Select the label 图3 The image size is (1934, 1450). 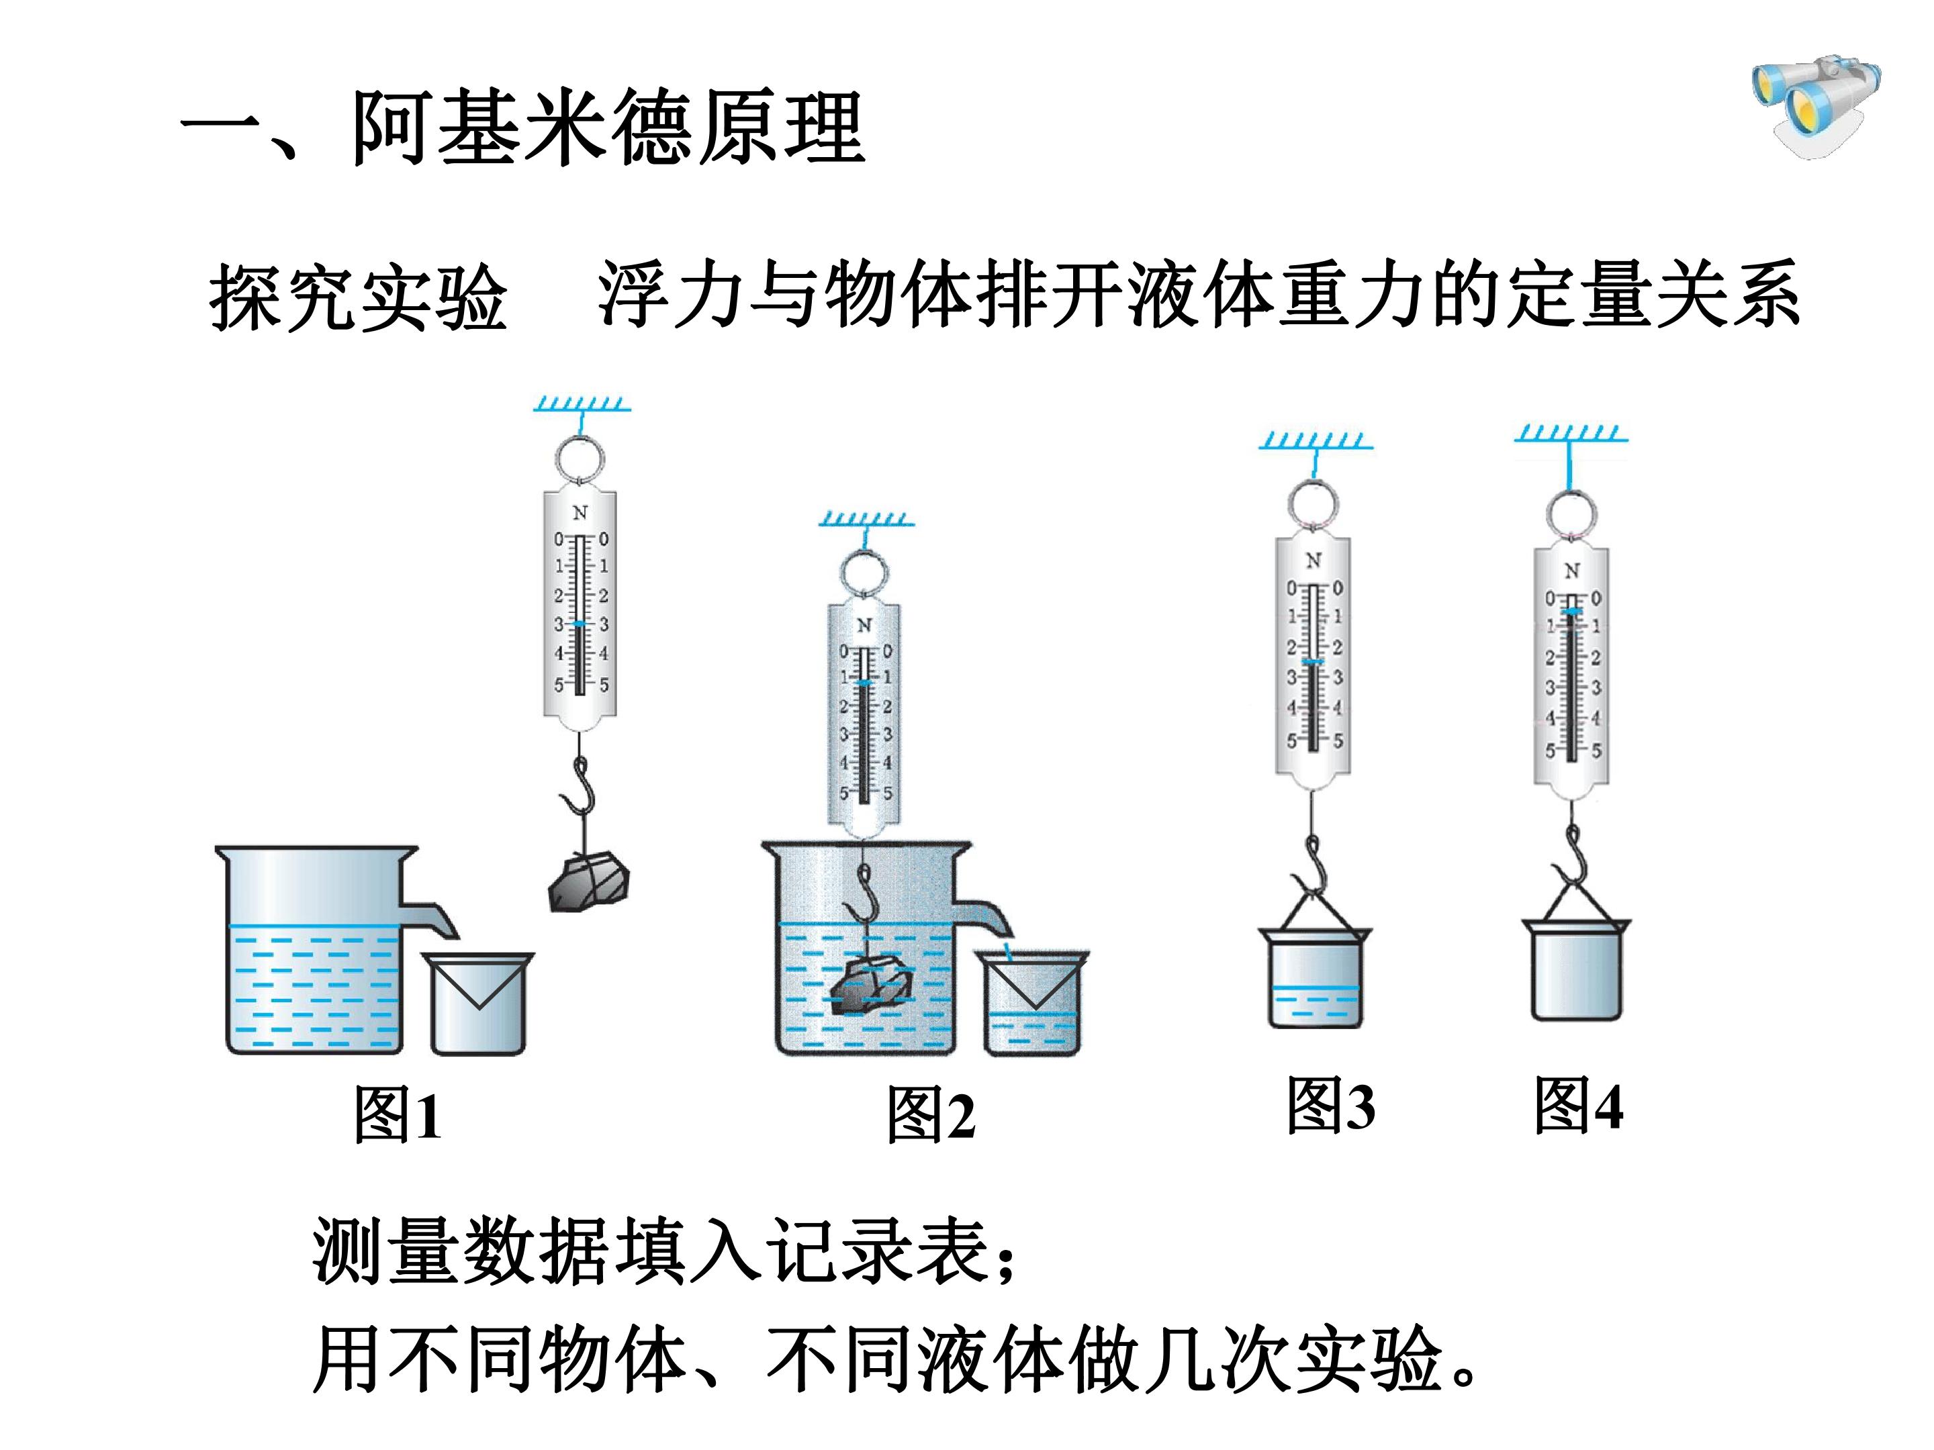pos(1331,1105)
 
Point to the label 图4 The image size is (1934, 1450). pos(1579,1105)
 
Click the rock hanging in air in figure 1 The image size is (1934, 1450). pos(588,882)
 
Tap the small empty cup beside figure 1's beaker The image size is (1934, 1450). pos(478,1004)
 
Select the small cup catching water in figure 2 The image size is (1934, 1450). pos(1033,1004)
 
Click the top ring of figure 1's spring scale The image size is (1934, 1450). pos(578,459)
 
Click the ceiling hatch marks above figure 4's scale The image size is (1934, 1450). pos(1571,432)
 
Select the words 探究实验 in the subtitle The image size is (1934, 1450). pos(359,297)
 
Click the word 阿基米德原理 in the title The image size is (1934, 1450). pos(608,128)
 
